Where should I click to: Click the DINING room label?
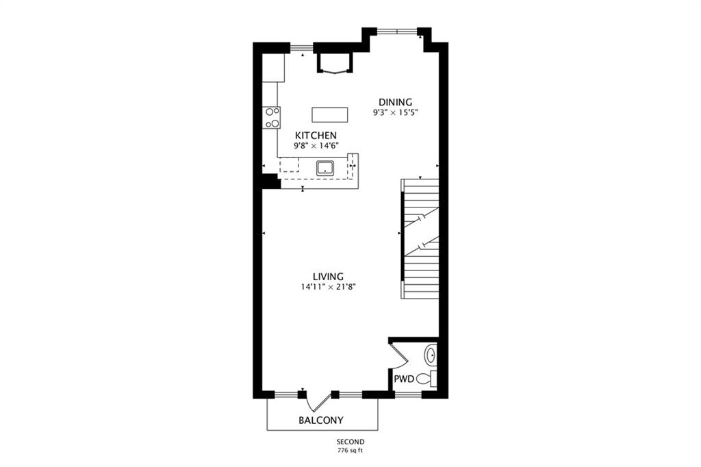(395, 103)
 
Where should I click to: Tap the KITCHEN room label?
(316, 135)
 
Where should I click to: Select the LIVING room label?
(328, 277)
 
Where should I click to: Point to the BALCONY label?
(321, 420)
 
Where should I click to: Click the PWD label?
(404, 379)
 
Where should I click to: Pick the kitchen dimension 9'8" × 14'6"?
(316, 145)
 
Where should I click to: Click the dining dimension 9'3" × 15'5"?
(395, 113)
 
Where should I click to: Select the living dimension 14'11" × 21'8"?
(328, 287)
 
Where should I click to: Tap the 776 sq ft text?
(350, 451)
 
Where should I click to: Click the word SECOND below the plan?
(350, 442)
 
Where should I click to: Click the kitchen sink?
(325, 168)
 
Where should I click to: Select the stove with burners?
(271, 118)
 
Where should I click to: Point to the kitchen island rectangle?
(329, 114)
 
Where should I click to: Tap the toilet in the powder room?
(426, 379)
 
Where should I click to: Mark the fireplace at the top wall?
(334, 62)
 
